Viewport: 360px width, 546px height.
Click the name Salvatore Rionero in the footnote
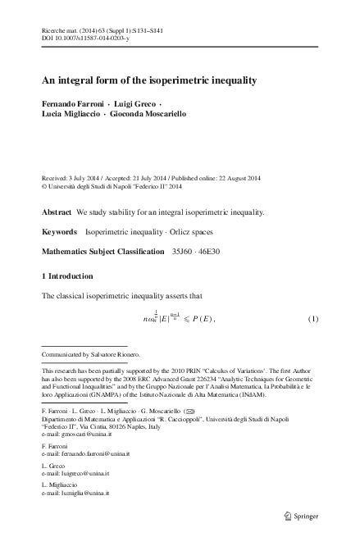pos(116,354)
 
